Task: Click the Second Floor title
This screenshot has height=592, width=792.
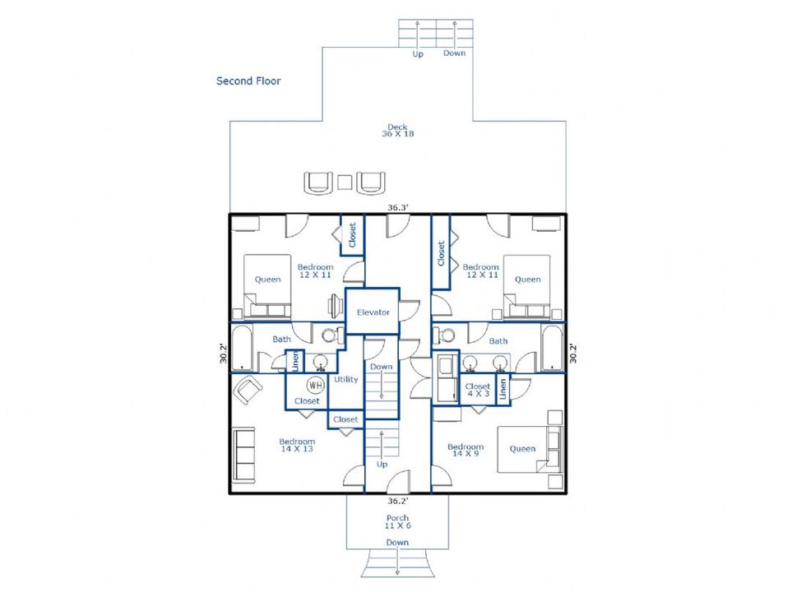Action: (248, 81)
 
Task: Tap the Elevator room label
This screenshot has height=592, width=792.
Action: (373, 312)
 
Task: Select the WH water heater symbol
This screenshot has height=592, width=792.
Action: (315, 386)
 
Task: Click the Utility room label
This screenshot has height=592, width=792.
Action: (346, 379)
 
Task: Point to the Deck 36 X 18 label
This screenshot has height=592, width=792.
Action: (397, 130)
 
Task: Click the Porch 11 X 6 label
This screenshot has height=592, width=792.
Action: (397, 522)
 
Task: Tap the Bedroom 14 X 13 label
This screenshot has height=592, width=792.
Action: (297, 445)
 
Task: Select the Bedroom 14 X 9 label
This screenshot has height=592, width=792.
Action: (465, 450)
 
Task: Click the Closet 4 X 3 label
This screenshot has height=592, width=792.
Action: (478, 390)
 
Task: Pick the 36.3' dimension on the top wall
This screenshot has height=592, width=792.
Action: (398, 207)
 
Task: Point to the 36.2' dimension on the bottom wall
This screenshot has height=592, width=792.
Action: (397, 501)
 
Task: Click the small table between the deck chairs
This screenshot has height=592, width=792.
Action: (345, 182)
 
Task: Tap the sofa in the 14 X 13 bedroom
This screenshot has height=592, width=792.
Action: (243, 455)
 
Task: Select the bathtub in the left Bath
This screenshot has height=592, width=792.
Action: (242, 348)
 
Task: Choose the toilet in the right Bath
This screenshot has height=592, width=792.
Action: (443, 335)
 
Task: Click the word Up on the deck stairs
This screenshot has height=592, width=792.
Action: (418, 53)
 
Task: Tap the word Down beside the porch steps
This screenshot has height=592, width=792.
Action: (397, 543)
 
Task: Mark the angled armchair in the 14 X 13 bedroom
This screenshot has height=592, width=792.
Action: (248, 390)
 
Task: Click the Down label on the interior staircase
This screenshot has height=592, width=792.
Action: (382, 367)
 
